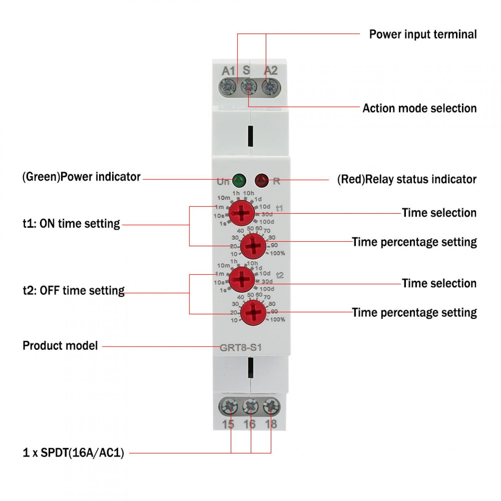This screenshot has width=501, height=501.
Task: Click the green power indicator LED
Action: pyautogui.click(x=239, y=180)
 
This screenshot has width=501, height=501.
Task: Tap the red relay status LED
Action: pyautogui.click(x=261, y=180)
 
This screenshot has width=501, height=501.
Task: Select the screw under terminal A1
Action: pyautogui.click(x=228, y=87)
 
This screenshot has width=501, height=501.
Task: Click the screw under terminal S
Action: pyautogui.click(x=249, y=87)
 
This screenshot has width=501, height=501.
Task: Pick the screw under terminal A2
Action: pyautogui.click(x=270, y=87)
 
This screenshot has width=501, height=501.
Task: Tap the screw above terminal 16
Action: pyautogui.click(x=250, y=406)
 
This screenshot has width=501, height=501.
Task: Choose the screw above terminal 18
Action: pyautogui.click(x=271, y=406)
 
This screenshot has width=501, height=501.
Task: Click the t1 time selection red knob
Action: pyautogui.click(x=242, y=213)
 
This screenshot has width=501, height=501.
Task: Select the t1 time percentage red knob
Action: pyautogui.click(x=253, y=246)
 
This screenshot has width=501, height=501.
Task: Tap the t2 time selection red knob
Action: pyautogui.click(x=242, y=279)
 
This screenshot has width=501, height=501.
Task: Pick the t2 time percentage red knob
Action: pyautogui.click(x=253, y=313)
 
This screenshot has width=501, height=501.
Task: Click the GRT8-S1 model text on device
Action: pyautogui.click(x=241, y=348)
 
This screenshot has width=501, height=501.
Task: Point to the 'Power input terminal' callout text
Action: pyautogui.click(x=423, y=34)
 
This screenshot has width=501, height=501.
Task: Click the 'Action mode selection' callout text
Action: pyautogui.click(x=419, y=108)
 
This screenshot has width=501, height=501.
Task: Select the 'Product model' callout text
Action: pyautogui.click(x=60, y=346)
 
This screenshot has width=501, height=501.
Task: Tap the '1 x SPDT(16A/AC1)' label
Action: pyautogui.click(x=73, y=453)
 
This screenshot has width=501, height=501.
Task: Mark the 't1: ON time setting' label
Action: pyautogui.click(x=71, y=224)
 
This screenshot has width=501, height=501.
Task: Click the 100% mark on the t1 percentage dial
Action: pyautogui.click(x=278, y=253)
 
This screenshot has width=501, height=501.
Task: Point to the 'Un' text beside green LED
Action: pyautogui.click(x=223, y=182)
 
